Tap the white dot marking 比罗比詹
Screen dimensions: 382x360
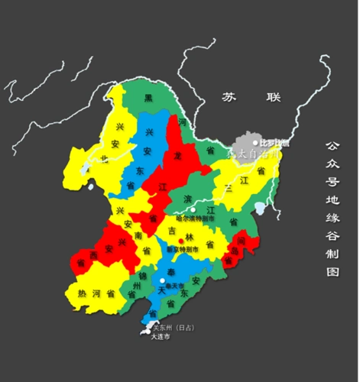click(x=256, y=142)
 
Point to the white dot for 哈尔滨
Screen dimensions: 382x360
click(x=193, y=209)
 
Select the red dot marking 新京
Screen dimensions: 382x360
click(x=180, y=241)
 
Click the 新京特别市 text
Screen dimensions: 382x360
click(x=182, y=250)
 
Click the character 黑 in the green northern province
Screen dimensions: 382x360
click(x=151, y=100)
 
